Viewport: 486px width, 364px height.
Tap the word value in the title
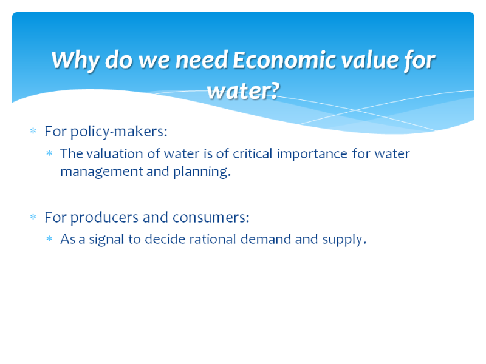[370, 59]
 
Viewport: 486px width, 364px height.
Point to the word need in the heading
[202, 59]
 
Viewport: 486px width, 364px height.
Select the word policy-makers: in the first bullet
[119, 132]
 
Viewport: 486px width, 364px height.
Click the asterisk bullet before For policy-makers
[33, 131]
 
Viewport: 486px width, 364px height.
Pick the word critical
[253, 154]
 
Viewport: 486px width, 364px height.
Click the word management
[101, 172]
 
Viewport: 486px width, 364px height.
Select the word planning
[202, 172]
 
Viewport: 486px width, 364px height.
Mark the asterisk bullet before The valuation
[49, 153]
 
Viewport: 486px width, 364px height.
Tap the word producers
[104, 218]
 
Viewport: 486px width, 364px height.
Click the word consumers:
[211, 218]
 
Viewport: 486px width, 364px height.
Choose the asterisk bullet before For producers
[33, 217]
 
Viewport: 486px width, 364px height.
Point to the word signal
[107, 240]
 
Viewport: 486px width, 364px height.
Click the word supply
[344, 240]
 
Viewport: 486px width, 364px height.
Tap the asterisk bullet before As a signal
[49, 238]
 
